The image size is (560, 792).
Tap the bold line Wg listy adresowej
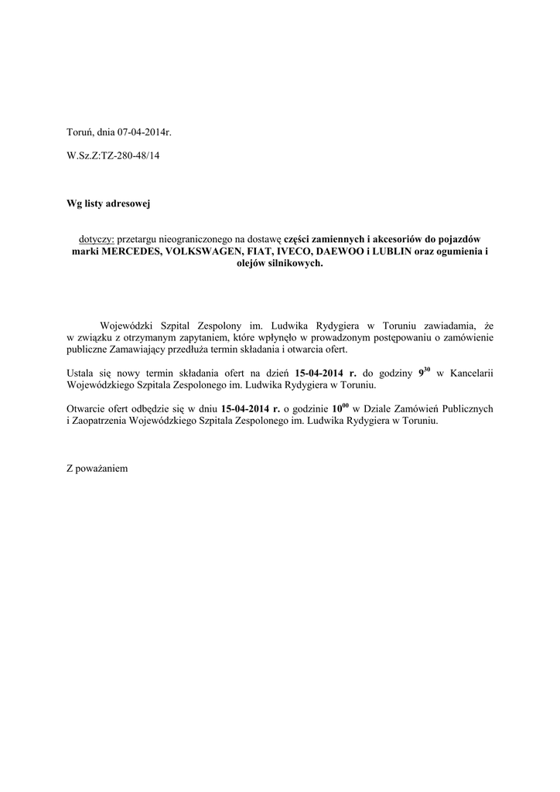tap(108, 204)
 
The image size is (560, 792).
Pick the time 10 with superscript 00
tap(341, 408)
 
